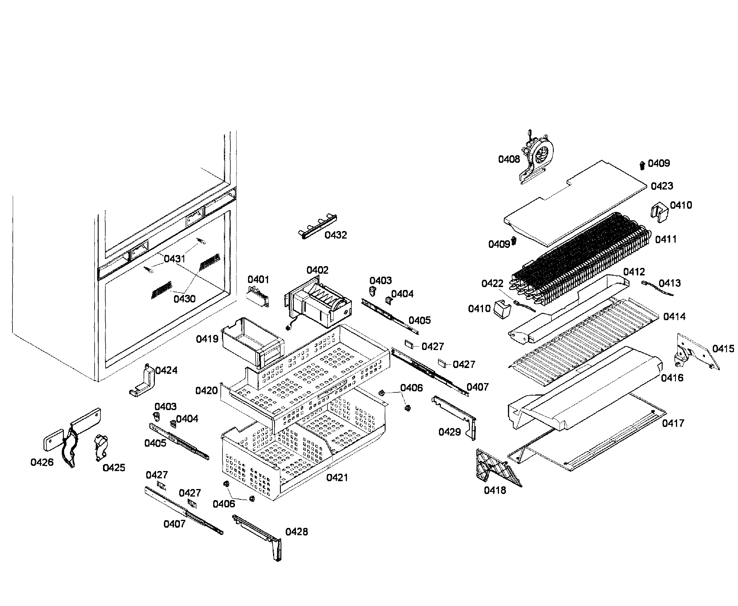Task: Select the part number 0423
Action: [x=662, y=186]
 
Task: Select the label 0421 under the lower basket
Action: [x=337, y=477]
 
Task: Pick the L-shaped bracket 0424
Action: [x=143, y=382]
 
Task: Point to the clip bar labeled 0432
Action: [x=318, y=226]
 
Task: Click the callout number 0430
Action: [x=184, y=299]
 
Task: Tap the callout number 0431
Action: [x=174, y=259]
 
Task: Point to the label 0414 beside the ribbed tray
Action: [x=674, y=317]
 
